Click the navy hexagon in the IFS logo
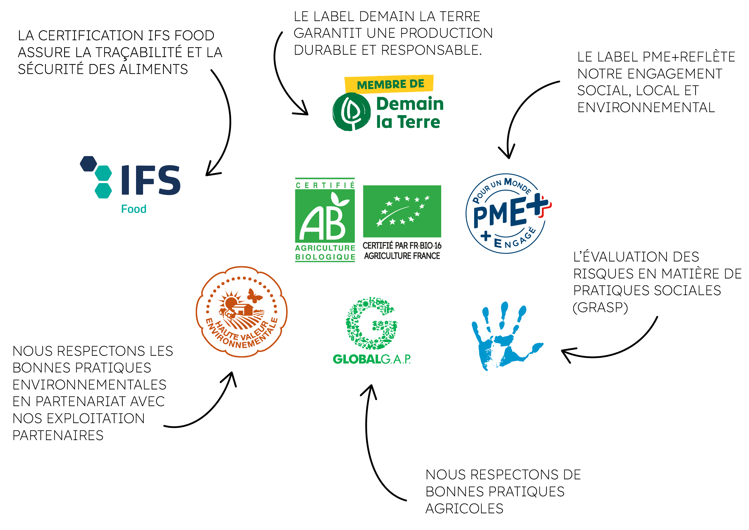point(88,164)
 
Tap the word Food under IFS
point(133,209)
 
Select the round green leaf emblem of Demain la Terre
point(351,112)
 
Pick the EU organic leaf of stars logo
point(402,211)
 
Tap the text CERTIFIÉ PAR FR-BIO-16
point(402,246)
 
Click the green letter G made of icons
point(371,324)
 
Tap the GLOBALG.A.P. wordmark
point(372,359)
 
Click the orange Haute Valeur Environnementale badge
point(241,312)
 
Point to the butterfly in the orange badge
point(254,296)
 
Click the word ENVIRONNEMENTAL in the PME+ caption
point(646,107)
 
